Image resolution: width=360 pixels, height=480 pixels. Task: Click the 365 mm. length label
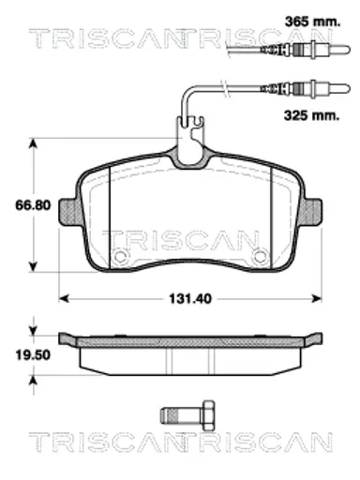(x=312, y=22)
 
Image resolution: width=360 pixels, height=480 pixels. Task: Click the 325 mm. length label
(x=311, y=115)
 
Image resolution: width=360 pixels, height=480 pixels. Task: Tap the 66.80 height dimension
(x=33, y=205)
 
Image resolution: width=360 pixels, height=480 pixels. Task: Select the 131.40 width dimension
(x=190, y=299)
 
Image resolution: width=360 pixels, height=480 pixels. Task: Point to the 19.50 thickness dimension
(x=33, y=355)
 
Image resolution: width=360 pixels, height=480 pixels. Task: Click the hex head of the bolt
(x=209, y=415)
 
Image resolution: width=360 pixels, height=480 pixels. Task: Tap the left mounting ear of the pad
(x=67, y=212)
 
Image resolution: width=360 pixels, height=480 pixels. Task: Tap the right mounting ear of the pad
(x=312, y=212)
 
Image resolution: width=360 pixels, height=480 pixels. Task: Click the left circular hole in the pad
(x=120, y=256)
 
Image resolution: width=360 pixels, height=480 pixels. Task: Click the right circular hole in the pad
(x=261, y=256)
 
